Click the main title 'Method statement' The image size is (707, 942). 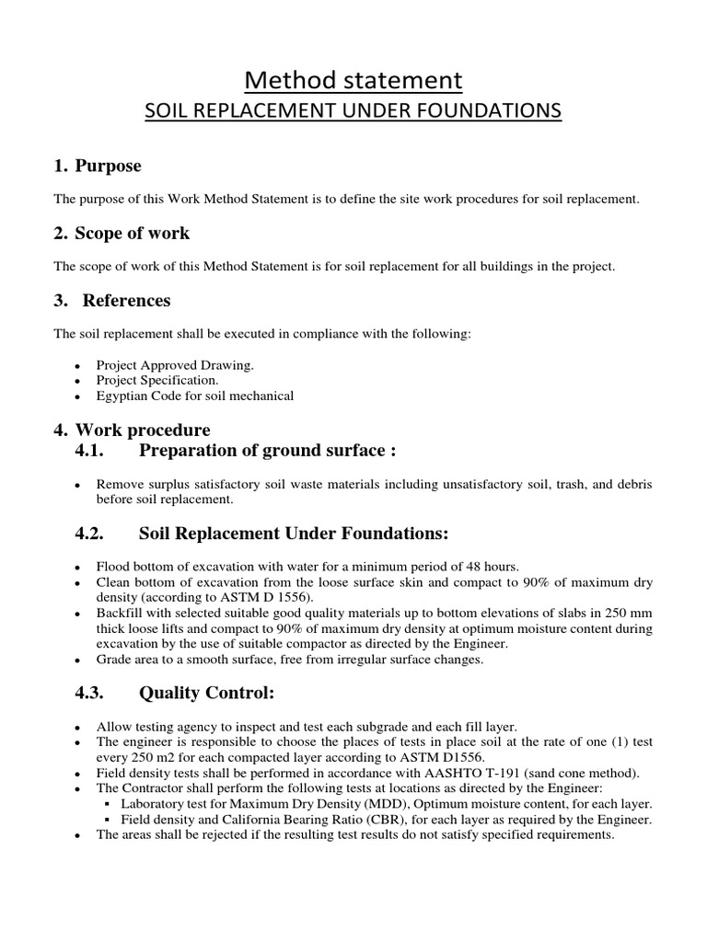(353, 80)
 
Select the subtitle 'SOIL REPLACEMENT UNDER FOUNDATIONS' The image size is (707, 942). (353, 111)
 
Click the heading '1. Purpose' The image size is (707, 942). (98, 167)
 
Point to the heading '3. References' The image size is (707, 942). (111, 301)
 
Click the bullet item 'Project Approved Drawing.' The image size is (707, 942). (175, 365)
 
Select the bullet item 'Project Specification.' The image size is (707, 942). (157, 380)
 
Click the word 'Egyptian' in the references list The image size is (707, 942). (121, 396)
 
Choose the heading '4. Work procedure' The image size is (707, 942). (132, 430)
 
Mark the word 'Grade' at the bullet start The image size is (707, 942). (113, 660)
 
